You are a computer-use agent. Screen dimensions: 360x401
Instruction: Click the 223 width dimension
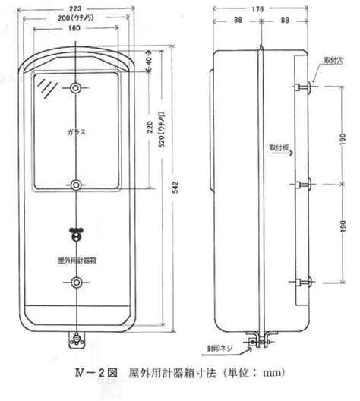75,8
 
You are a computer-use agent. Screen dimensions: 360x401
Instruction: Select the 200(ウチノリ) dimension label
76,18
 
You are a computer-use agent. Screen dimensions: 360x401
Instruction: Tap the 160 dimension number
74,28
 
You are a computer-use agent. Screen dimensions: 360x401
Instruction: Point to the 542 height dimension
175,188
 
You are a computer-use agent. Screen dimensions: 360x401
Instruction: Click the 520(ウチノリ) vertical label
162,129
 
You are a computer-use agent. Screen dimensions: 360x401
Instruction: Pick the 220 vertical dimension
150,127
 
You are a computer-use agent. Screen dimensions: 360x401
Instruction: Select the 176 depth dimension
257,9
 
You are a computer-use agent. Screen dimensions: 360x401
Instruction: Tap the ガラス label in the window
77,132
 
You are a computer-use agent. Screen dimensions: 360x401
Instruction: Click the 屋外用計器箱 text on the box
77,260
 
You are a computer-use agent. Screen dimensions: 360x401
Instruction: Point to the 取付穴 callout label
333,61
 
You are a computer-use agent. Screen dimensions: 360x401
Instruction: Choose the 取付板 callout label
279,147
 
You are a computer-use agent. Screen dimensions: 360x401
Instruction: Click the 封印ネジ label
220,348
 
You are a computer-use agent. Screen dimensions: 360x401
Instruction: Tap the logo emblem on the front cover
76,234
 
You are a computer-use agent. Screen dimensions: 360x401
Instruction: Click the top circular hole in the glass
76,88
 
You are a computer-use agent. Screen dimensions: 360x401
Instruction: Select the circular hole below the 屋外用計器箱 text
76,283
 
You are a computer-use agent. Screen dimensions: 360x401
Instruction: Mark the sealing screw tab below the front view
76,340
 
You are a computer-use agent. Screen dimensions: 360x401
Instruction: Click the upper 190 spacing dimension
343,139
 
